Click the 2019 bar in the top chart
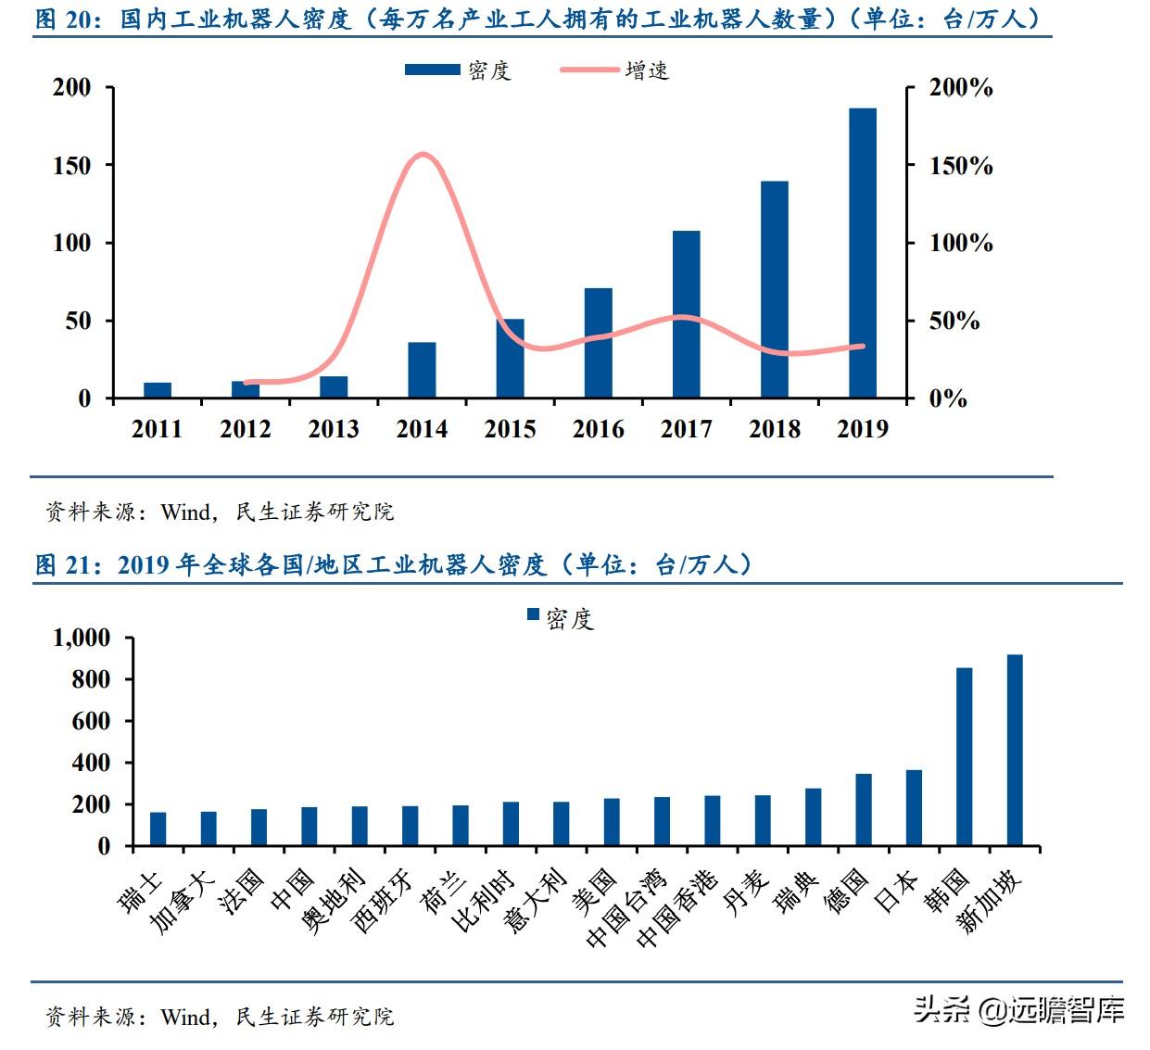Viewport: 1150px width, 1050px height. (x=862, y=253)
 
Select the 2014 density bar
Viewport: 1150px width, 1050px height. (x=422, y=370)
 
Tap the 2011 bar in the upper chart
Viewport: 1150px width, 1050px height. (x=158, y=390)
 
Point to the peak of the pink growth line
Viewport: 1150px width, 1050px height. (x=423, y=155)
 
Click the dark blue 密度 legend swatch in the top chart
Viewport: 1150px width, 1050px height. (x=432, y=70)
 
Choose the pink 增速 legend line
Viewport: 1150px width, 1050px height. (x=589, y=70)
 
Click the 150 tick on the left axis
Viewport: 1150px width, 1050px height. (x=72, y=166)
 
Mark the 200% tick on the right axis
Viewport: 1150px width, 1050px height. (x=961, y=88)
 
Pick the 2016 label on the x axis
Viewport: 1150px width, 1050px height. (x=598, y=429)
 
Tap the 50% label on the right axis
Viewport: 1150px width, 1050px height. (x=954, y=322)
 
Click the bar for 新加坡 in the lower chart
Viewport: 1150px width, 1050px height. (x=1015, y=750)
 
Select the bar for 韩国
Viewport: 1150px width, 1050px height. (x=964, y=756)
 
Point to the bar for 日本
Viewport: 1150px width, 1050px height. (x=914, y=807)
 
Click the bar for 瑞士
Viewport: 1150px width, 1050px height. (x=158, y=829)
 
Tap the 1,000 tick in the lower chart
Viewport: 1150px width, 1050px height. (x=82, y=638)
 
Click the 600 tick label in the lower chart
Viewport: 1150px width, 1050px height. (x=91, y=721)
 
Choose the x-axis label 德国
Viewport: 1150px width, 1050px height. (x=847, y=891)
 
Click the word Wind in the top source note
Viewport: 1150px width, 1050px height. (x=185, y=512)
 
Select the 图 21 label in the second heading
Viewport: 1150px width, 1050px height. (x=65, y=564)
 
